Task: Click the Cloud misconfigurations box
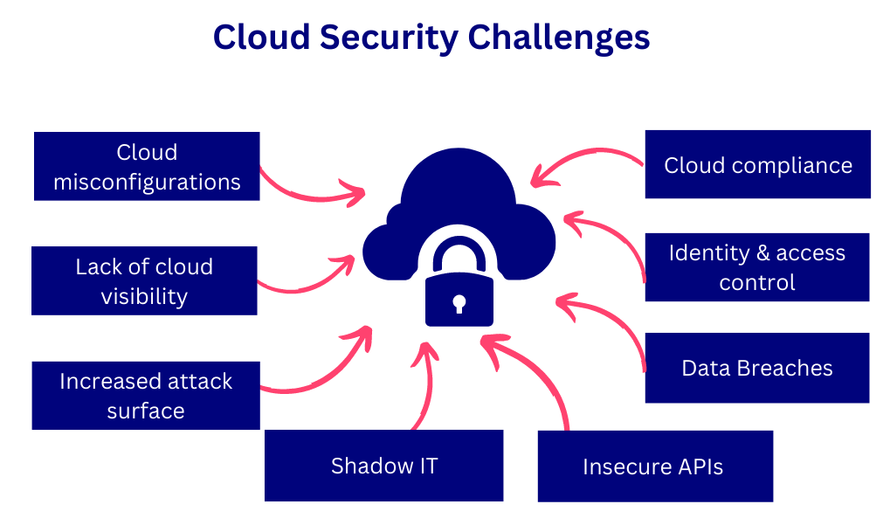tap(147, 166)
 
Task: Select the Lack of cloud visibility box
tap(144, 280)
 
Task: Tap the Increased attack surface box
tap(146, 396)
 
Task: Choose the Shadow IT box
tap(383, 466)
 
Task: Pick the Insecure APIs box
tap(654, 466)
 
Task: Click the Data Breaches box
tap(756, 368)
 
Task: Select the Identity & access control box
tap(756, 267)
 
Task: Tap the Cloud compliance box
tap(757, 164)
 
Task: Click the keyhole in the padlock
tap(458, 303)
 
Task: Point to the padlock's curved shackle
tap(458, 253)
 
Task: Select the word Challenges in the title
tap(559, 38)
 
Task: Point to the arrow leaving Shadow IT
tap(424, 384)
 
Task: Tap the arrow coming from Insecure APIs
tap(533, 376)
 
